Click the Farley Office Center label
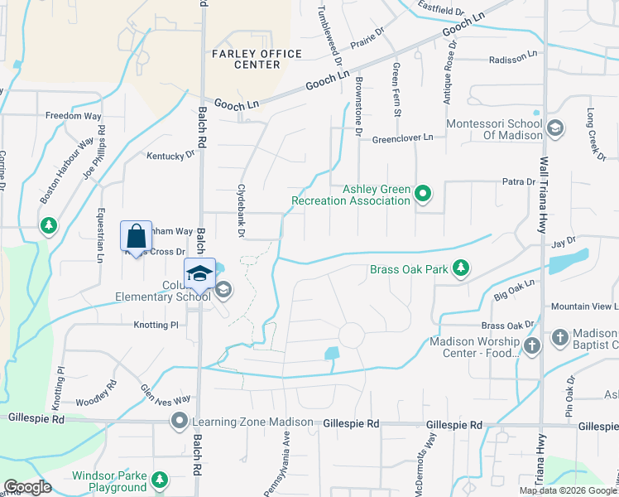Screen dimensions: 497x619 [246, 59]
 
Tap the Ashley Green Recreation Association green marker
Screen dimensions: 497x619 [423, 194]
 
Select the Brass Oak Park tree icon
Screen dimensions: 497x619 [461, 268]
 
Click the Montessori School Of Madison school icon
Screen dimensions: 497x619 [555, 128]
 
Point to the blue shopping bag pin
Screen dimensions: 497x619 [135, 236]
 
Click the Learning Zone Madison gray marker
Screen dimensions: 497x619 [179, 422]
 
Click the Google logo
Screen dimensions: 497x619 [27, 487]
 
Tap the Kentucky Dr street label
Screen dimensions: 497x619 [170, 154]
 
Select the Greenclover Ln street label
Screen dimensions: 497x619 [402, 138]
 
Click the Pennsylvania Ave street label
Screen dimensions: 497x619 [279, 462]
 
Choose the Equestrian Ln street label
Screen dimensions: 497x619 [100, 235]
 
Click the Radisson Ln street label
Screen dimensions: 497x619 [513, 60]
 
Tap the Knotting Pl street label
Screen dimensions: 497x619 [156, 326]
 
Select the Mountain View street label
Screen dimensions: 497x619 [583, 306]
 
